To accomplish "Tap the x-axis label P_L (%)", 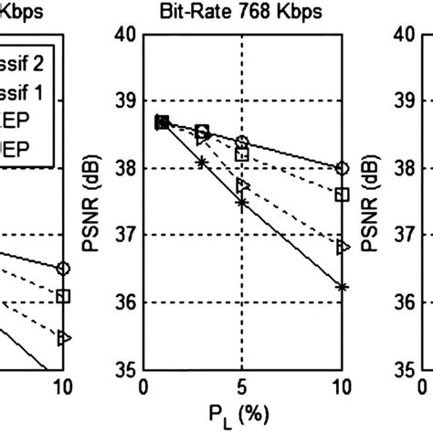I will click(242, 412).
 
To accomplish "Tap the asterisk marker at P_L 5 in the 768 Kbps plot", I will click(242, 203).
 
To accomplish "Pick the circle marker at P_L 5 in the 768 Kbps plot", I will click(242, 142).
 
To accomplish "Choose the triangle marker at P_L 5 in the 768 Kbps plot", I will click(242, 185).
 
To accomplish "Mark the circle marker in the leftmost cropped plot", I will click(63, 268).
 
